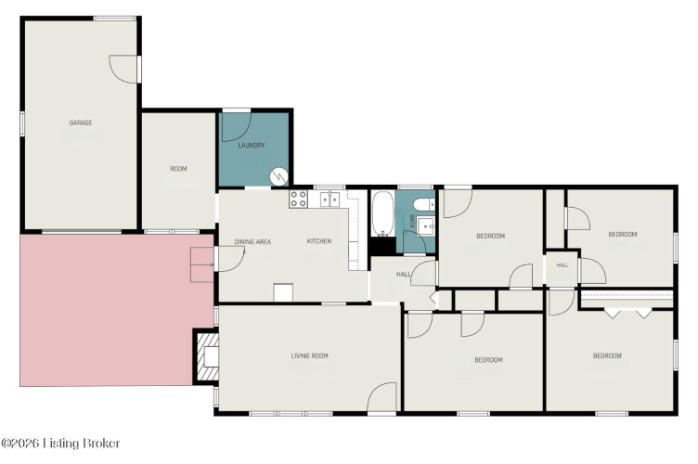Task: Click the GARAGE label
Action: click(x=81, y=122)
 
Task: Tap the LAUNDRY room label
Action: click(x=252, y=146)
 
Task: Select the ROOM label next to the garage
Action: click(x=178, y=169)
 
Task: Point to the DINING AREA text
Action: click(x=252, y=242)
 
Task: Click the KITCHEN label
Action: click(x=319, y=241)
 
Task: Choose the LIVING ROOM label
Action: click(x=310, y=356)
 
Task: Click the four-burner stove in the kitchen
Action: click(x=298, y=199)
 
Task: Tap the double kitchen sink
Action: click(x=330, y=200)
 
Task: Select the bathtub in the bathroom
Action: click(x=382, y=213)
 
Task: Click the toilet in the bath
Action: click(x=424, y=204)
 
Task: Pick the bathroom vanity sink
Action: click(x=426, y=226)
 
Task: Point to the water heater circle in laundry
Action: click(x=279, y=176)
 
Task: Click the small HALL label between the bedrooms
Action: click(x=562, y=265)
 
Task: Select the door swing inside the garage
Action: click(x=123, y=69)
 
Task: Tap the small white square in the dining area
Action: click(x=283, y=292)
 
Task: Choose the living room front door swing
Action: click(x=381, y=397)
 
